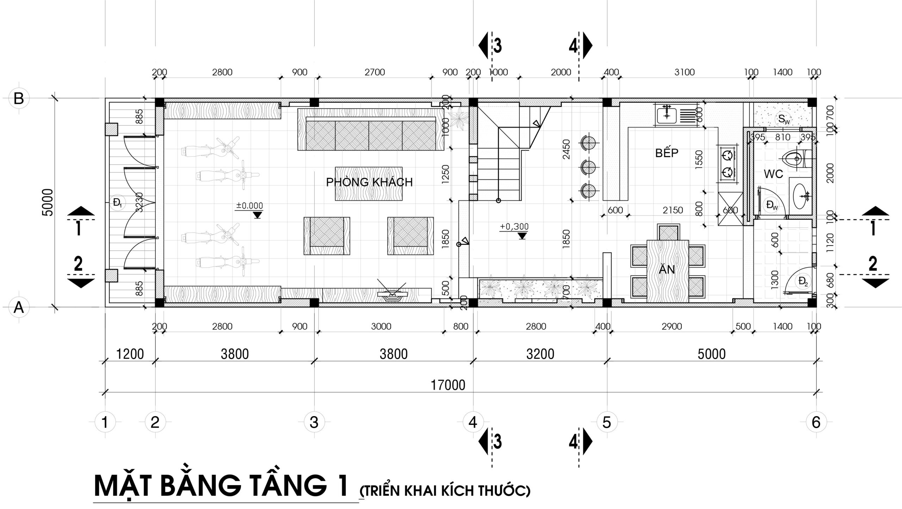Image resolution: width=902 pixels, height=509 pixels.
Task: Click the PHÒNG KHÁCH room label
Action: click(369, 182)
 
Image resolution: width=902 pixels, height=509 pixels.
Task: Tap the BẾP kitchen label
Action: click(667, 153)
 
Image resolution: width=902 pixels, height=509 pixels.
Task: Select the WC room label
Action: click(773, 174)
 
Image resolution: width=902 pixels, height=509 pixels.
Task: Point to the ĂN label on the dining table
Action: click(667, 270)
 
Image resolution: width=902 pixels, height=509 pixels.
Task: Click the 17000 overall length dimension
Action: click(448, 385)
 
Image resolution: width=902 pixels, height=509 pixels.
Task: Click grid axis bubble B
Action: click(18, 99)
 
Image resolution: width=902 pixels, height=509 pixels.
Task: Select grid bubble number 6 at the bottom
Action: click(816, 422)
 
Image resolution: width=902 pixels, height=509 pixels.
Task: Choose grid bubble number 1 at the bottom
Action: click(105, 422)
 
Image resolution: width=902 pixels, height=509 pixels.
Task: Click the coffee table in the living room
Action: click(369, 184)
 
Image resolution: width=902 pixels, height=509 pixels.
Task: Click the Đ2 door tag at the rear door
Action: click(804, 282)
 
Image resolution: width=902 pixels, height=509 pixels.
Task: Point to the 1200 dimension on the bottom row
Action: click(130, 354)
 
